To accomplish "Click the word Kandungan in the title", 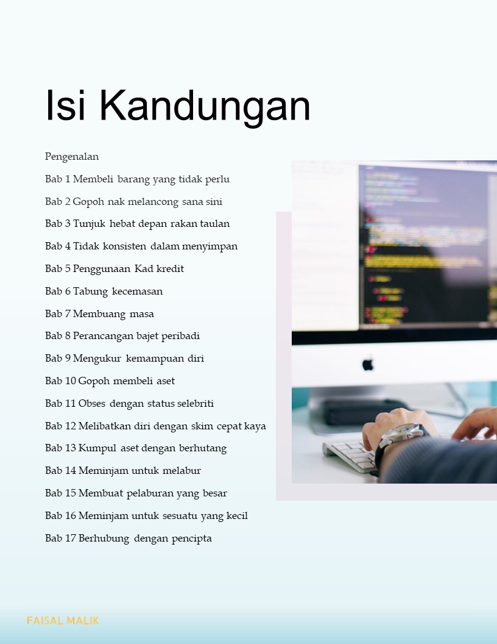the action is click(x=205, y=106).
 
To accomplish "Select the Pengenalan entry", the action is click(x=72, y=157).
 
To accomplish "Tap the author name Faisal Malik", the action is click(x=63, y=620).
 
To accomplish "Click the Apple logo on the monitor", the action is click(x=368, y=364).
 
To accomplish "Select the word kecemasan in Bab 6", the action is click(x=138, y=291).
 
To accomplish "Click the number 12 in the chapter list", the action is click(x=71, y=426).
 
